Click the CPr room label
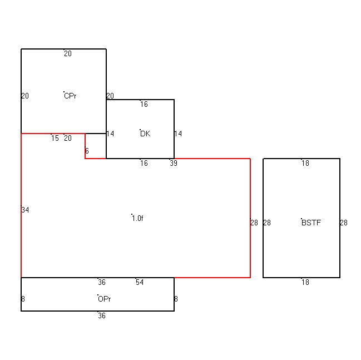click(x=70, y=96)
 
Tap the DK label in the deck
click(x=145, y=134)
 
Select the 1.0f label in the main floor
click(x=138, y=218)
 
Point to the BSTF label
click(x=311, y=223)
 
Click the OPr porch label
click(x=104, y=299)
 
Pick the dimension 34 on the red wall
click(x=25, y=210)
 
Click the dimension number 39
click(x=174, y=163)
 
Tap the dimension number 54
click(x=140, y=282)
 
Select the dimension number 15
click(x=55, y=138)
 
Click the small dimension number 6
click(x=87, y=151)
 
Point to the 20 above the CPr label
click(x=68, y=53)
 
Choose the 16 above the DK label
click(x=144, y=105)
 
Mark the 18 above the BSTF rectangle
click(x=305, y=163)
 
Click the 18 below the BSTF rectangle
click(x=305, y=282)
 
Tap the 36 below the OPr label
click(x=102, y=315)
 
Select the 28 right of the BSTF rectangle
click(x=344, y=223)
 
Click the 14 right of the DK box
click(x=178, y=134)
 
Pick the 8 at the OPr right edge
click(x=176, y=299)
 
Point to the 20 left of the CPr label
click(x=25, y=96)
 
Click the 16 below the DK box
click(x=144, y=163)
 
